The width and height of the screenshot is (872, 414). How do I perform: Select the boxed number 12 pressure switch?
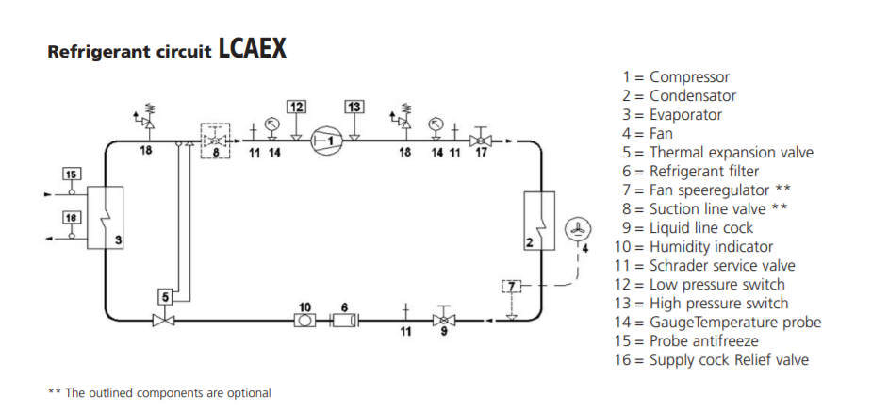[297, 107]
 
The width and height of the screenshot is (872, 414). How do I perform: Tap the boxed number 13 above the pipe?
[354, 107]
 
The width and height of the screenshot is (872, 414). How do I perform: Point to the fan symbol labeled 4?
[578, 230]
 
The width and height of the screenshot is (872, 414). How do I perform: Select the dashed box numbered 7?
[512, 287]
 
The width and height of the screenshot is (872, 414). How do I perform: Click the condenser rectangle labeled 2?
[539, 221]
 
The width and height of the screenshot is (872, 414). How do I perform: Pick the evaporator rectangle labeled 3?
[105, 218]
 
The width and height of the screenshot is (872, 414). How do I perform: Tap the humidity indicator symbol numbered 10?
[304, 320]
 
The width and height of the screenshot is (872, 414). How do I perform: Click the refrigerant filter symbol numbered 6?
[344, 320]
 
